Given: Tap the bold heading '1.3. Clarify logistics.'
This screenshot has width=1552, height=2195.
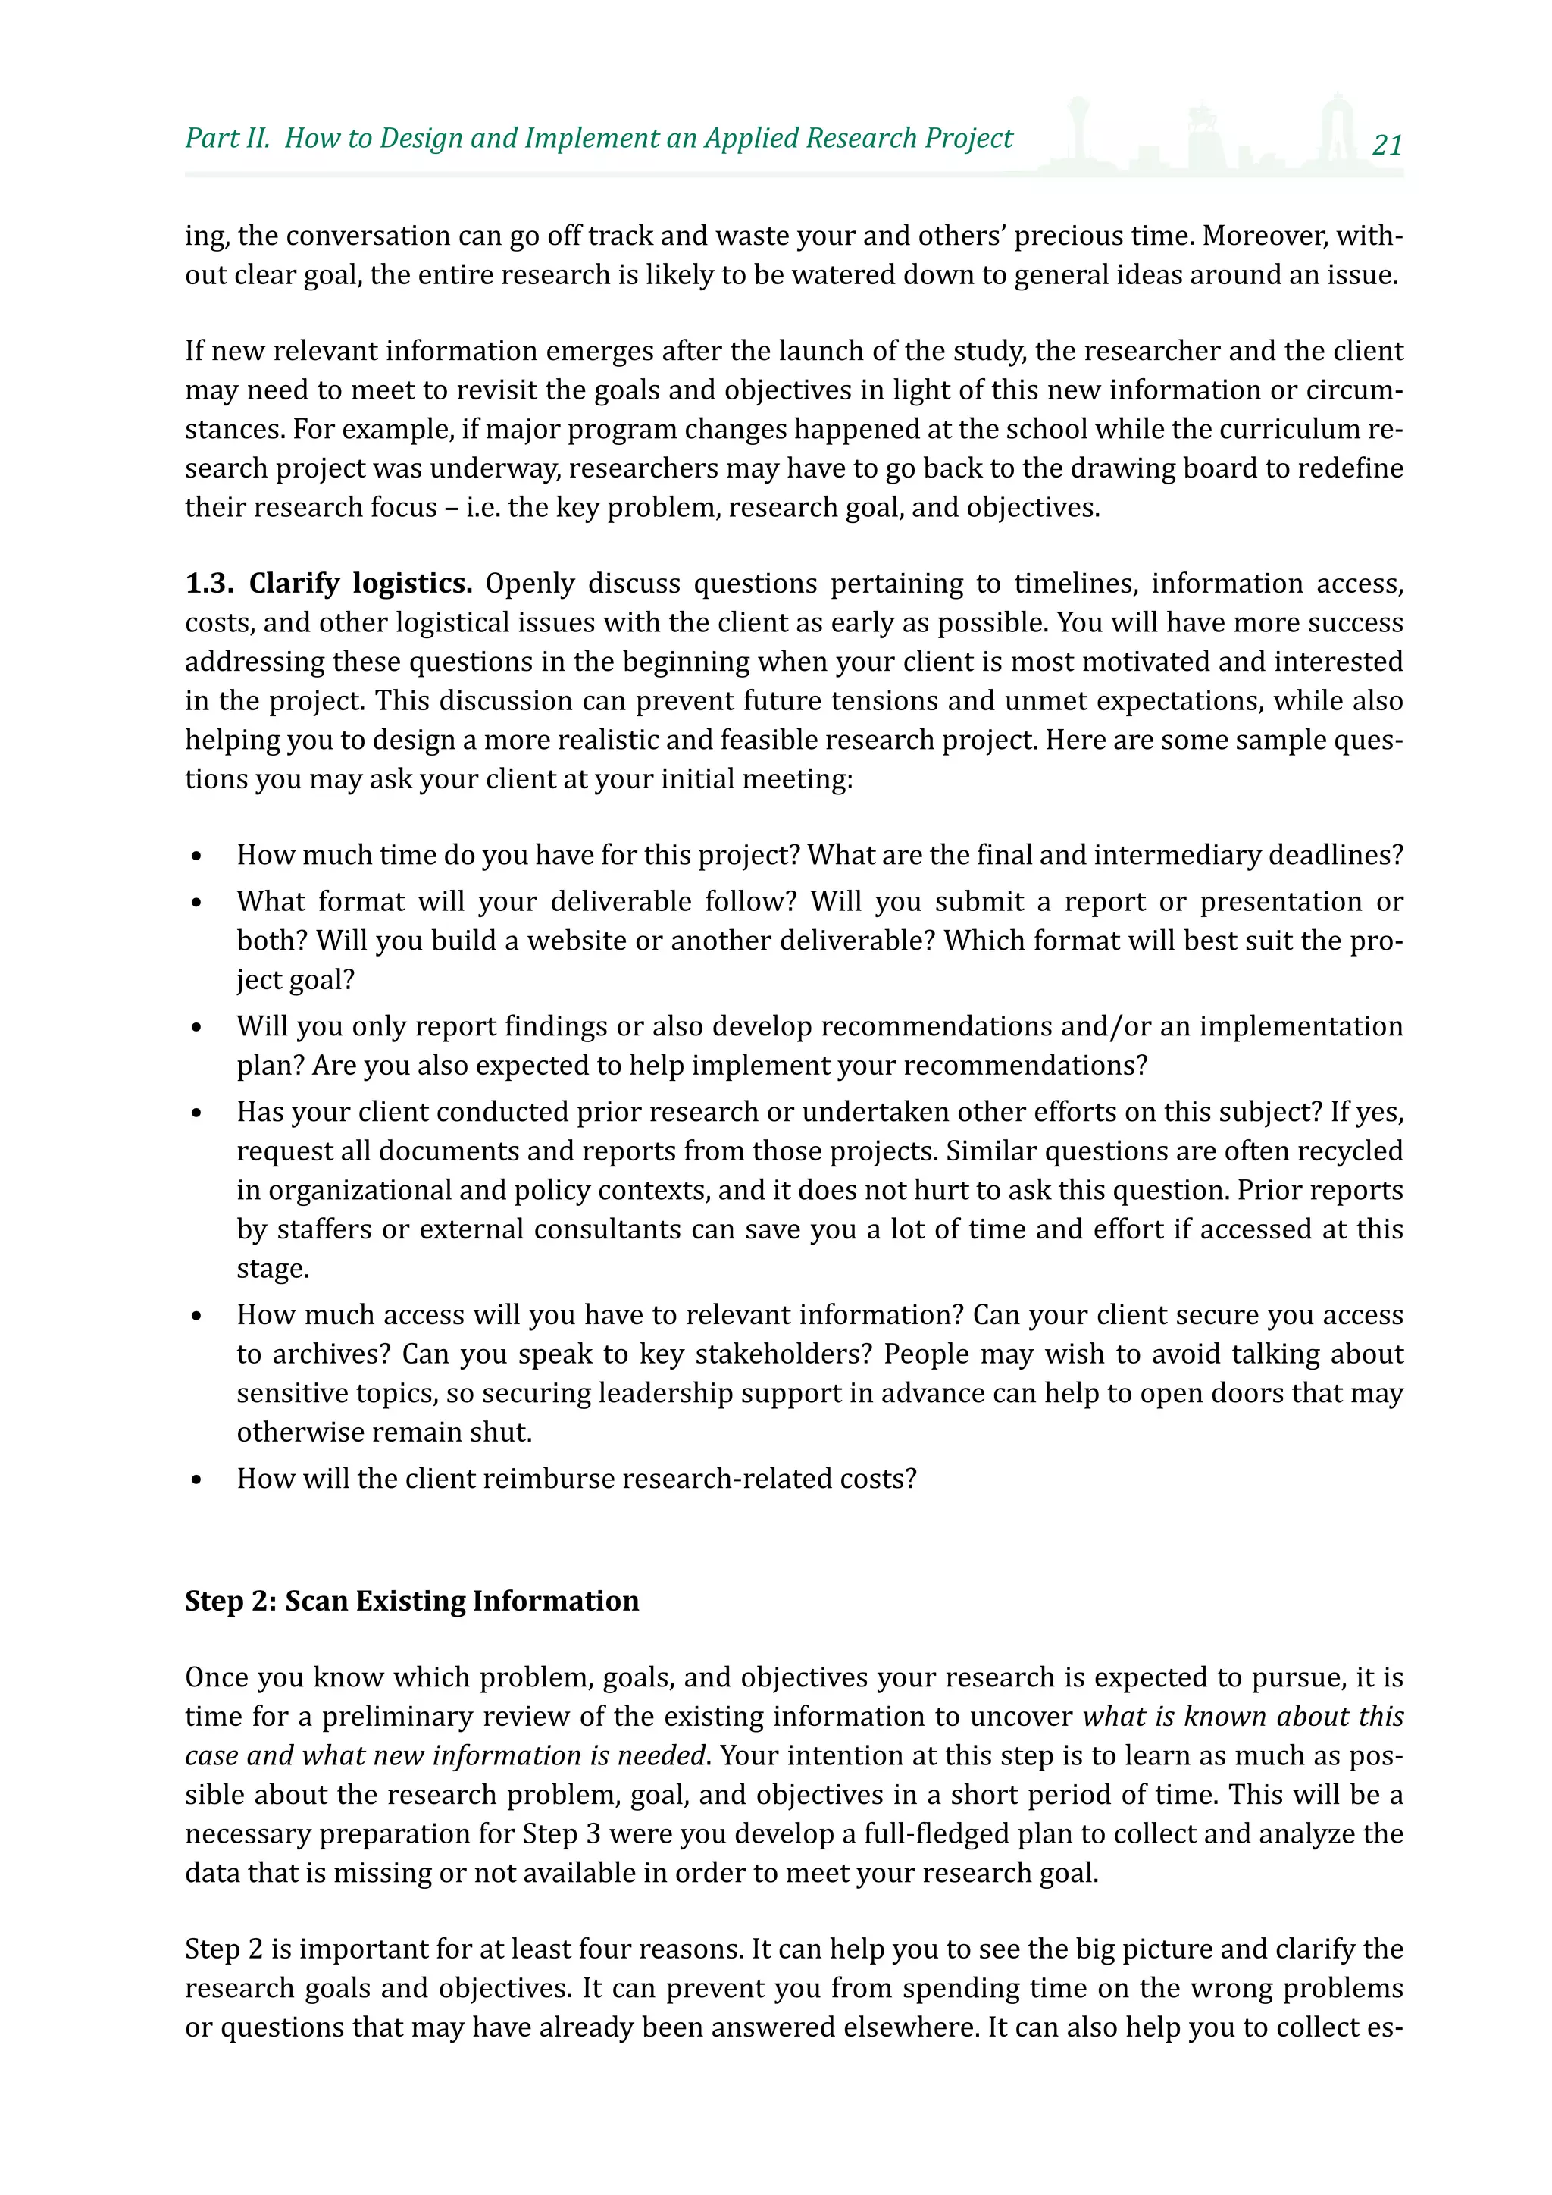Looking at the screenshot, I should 329,583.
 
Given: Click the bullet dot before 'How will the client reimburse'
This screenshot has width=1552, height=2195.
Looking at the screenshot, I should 197,1480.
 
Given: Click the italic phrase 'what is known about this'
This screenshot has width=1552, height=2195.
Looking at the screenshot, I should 1242,1717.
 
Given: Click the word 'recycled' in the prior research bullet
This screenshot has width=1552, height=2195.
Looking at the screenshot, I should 1348,1151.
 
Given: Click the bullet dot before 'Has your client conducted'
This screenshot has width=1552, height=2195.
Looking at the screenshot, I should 197,1113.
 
